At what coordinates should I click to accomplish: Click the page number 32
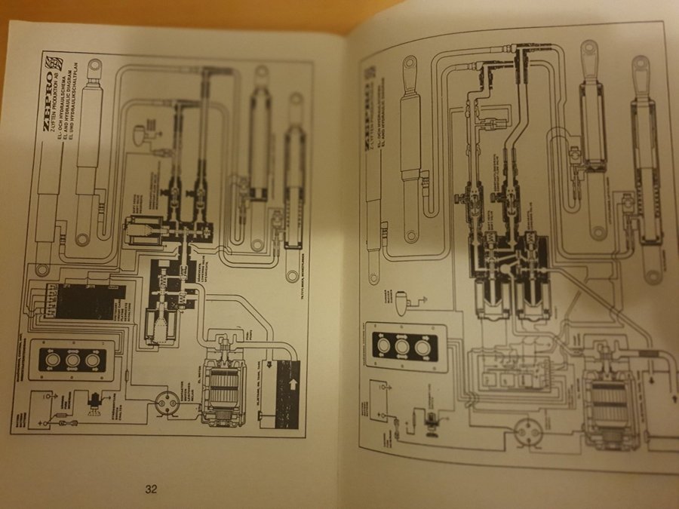151,489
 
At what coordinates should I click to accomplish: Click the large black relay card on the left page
89,302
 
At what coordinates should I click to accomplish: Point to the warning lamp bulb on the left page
140,133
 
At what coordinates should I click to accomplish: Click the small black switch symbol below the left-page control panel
96,403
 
